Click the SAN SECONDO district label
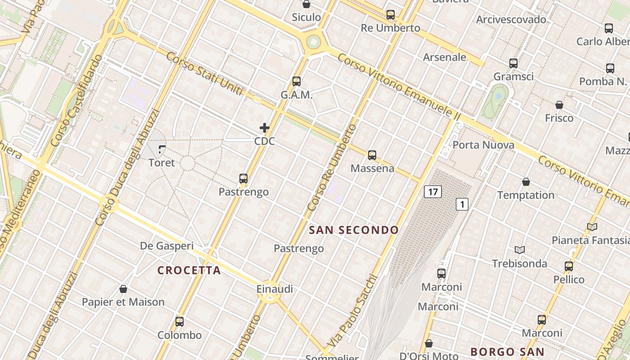pos(354,230)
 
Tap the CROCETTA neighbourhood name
pos(189,270)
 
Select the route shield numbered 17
pos(432,192)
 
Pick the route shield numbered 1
pos(462,204)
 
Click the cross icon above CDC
pos(265,128)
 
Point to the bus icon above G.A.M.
pos(296,81)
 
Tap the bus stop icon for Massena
pos(372,155)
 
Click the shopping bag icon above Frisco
pos(559,105)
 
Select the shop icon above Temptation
pos(526,182)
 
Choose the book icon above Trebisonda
pos(520,250)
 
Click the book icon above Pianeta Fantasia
pos(592,227)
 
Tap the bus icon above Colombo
pos(180,322)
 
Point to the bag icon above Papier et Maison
pos(123,288)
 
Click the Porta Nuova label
pos(483,145)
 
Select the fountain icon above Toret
pos(162,149)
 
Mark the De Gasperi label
pos(166,246)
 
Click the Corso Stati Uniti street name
pos(205,74)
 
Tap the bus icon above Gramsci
pos(513,63)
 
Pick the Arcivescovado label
pos(511,19)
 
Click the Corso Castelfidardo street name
pos(77,101)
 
